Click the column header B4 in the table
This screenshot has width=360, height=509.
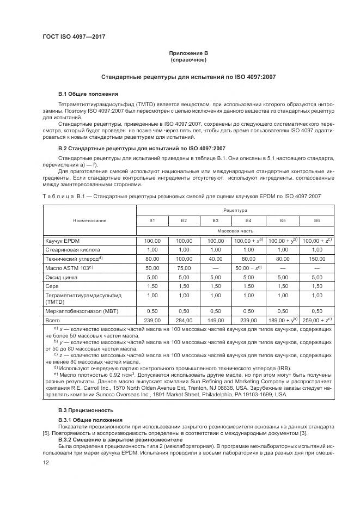coord(248,220)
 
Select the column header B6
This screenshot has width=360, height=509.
coord(316,220)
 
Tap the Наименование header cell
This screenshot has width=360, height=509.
coord(89,220)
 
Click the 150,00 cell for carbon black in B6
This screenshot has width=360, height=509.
coord(316,259)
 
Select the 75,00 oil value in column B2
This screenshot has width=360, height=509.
coord(184,267)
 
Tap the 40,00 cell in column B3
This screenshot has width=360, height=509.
coord(216,259)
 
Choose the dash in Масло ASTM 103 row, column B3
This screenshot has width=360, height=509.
coord(216,267)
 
